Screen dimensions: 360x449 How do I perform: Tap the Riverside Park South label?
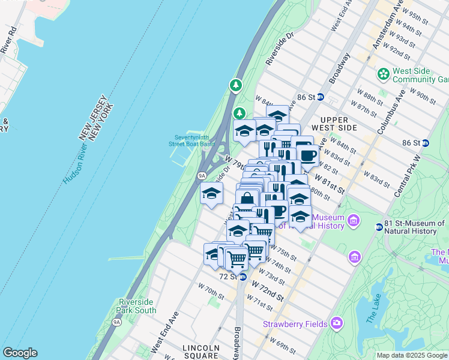[x=137, y=306]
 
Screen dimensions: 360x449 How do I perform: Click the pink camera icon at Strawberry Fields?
[x=336, y=324]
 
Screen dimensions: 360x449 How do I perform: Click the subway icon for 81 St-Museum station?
[x=379, y=227]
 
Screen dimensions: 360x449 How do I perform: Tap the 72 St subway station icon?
[x=243, y=277]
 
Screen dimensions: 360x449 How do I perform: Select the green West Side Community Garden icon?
[x=383, y=74]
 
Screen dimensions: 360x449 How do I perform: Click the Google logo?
[x=20, y=353]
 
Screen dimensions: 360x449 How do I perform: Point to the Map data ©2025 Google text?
[x=412, y=355]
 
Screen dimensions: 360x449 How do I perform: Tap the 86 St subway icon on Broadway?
[x=321, y=97]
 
